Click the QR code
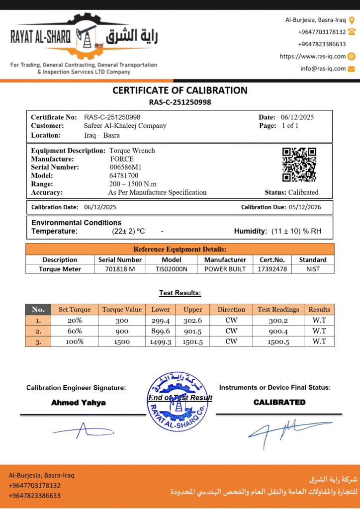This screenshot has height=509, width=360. [299, 165]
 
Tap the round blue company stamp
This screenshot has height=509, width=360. [177, 401]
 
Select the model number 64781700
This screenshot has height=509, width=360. [124, 175]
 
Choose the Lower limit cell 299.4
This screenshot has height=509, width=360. [161, 321]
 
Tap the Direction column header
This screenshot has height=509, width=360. [231, 309]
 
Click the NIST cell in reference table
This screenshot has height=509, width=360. [313, 269]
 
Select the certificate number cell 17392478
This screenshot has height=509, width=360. [272, 269]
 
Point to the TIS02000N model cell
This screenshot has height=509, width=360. [168, 269]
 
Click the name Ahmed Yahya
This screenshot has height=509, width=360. [79, 403]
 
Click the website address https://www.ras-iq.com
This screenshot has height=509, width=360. [313, 57]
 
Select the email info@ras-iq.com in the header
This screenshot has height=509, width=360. [323, 69]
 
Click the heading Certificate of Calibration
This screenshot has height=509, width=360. [180, 90]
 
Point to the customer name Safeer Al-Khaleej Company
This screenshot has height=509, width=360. [125, 126]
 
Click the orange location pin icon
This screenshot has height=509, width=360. [352, 20]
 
